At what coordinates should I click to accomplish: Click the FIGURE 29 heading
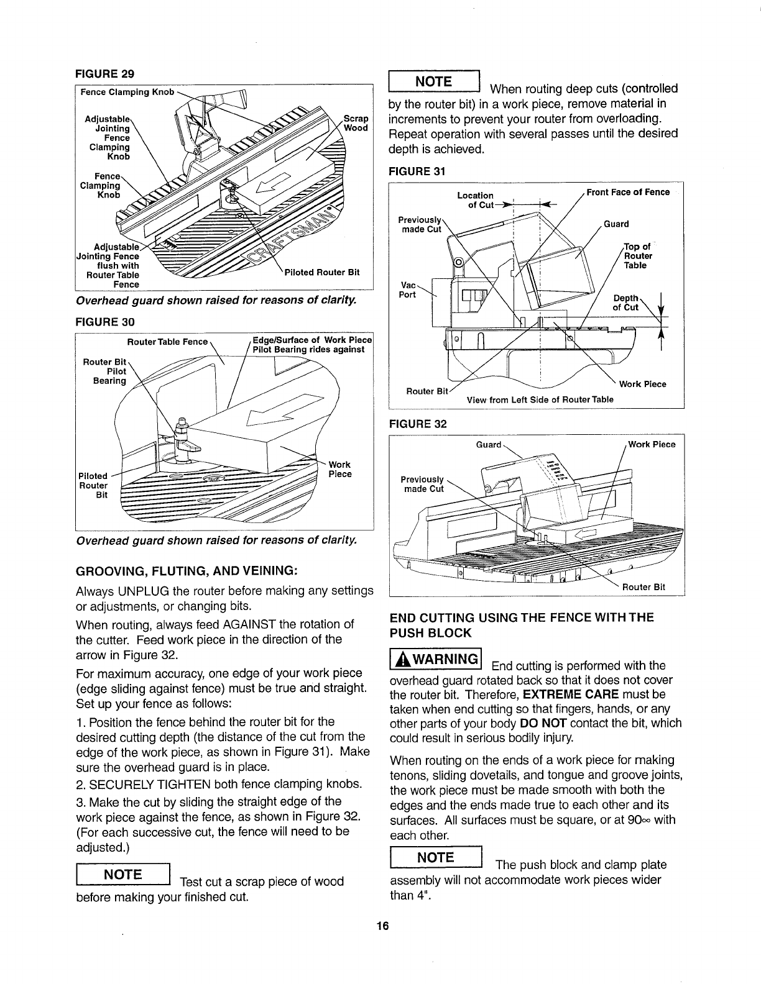[x=104, y=74]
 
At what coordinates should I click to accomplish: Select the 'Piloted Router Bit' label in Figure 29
[x=321, y=272]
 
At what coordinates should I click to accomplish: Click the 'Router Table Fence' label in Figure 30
[x=167, y=342]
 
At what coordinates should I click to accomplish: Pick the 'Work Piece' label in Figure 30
[x=339, y=469]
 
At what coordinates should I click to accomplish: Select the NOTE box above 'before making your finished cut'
[x=122, y=875]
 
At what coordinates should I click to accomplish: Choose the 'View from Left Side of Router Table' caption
[x=540, y=399]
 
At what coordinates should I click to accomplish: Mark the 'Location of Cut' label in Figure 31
[x=476, y=200]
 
